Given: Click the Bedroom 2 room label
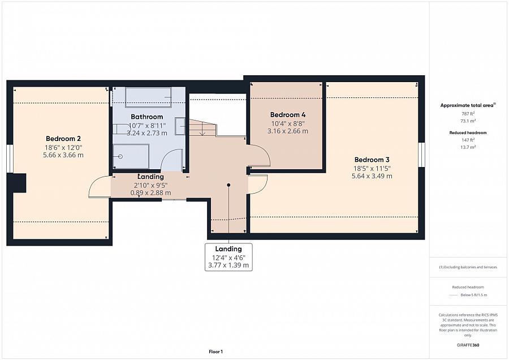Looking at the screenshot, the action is pos(63,139).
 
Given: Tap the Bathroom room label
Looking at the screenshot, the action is pos(146,117).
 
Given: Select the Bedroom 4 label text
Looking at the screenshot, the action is pos(288,115).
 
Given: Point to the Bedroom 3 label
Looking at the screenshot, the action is pos(372,160).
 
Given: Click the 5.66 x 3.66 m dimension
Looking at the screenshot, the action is pos(63,155).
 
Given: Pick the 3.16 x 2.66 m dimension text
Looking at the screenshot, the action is pos(288,131).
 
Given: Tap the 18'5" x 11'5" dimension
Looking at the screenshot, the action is pos(372,168).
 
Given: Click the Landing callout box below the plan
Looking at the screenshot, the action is pos(228,257).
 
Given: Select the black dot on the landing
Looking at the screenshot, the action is pos(228,185).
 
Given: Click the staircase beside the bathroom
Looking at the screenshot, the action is pos(202,128).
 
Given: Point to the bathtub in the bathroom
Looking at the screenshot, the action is pos(148,97).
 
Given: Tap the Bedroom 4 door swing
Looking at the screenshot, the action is pos(259,156).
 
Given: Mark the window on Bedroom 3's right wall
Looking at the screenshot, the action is pos(421,155).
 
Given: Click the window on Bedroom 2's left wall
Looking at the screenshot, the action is pos(10,158).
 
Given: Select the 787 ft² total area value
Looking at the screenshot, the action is pos(468,114).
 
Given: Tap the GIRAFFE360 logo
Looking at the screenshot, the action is pos(468,345).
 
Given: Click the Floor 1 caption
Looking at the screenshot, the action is pos(215,352).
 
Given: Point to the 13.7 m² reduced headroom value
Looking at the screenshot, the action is pos(468,147).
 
